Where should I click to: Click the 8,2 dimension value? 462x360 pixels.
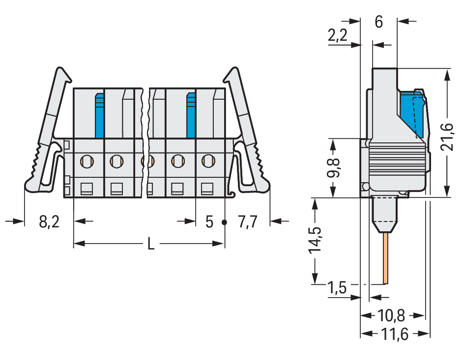(x=49, y=222)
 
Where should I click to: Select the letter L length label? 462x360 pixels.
(x=151, y=244)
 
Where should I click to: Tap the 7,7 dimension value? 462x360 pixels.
(x=248, y=222)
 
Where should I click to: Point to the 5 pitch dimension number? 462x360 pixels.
(x=209, y=222)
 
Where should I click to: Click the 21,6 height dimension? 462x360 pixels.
(x=447, y=138)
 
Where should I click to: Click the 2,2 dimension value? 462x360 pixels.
(x=338, y=35)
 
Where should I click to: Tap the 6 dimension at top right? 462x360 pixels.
(x=379, y=22)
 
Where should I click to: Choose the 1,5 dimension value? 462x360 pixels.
(x=337, y=287)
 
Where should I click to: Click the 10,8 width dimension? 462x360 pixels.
(x=391, y=315)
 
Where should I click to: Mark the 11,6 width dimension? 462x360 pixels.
(x=395, y=334)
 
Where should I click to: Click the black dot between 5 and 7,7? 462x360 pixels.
(x=224, y=222)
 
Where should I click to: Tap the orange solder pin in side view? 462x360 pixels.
(x=385, y=258)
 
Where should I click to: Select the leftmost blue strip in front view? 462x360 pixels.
(x=100, y=115)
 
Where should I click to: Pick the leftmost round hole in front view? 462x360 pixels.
(x=87, y=161)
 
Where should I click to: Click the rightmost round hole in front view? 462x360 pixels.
(x=208, y=161)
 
